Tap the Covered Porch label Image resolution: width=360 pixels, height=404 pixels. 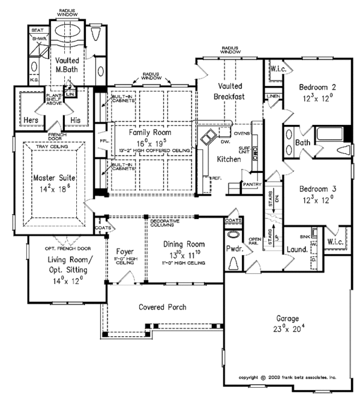click(x=162, y=307)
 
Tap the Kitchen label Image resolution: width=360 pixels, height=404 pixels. click(x=228, y=160)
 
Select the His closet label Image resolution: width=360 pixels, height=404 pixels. click(x=76, y=120)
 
